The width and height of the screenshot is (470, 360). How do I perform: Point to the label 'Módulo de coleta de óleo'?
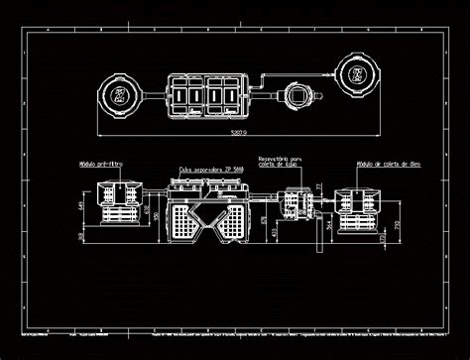[x=381, y=164]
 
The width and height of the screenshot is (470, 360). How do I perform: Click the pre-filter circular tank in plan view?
[x=119, y=93]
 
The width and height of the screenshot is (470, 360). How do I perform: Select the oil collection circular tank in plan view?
[x=355, y=73]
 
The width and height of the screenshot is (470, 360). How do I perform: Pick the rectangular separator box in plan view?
[x=208, y=93]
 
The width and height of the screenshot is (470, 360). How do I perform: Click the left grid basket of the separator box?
[x=182, y=224]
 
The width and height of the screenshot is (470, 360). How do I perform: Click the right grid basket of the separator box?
[x=232, y=224]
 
